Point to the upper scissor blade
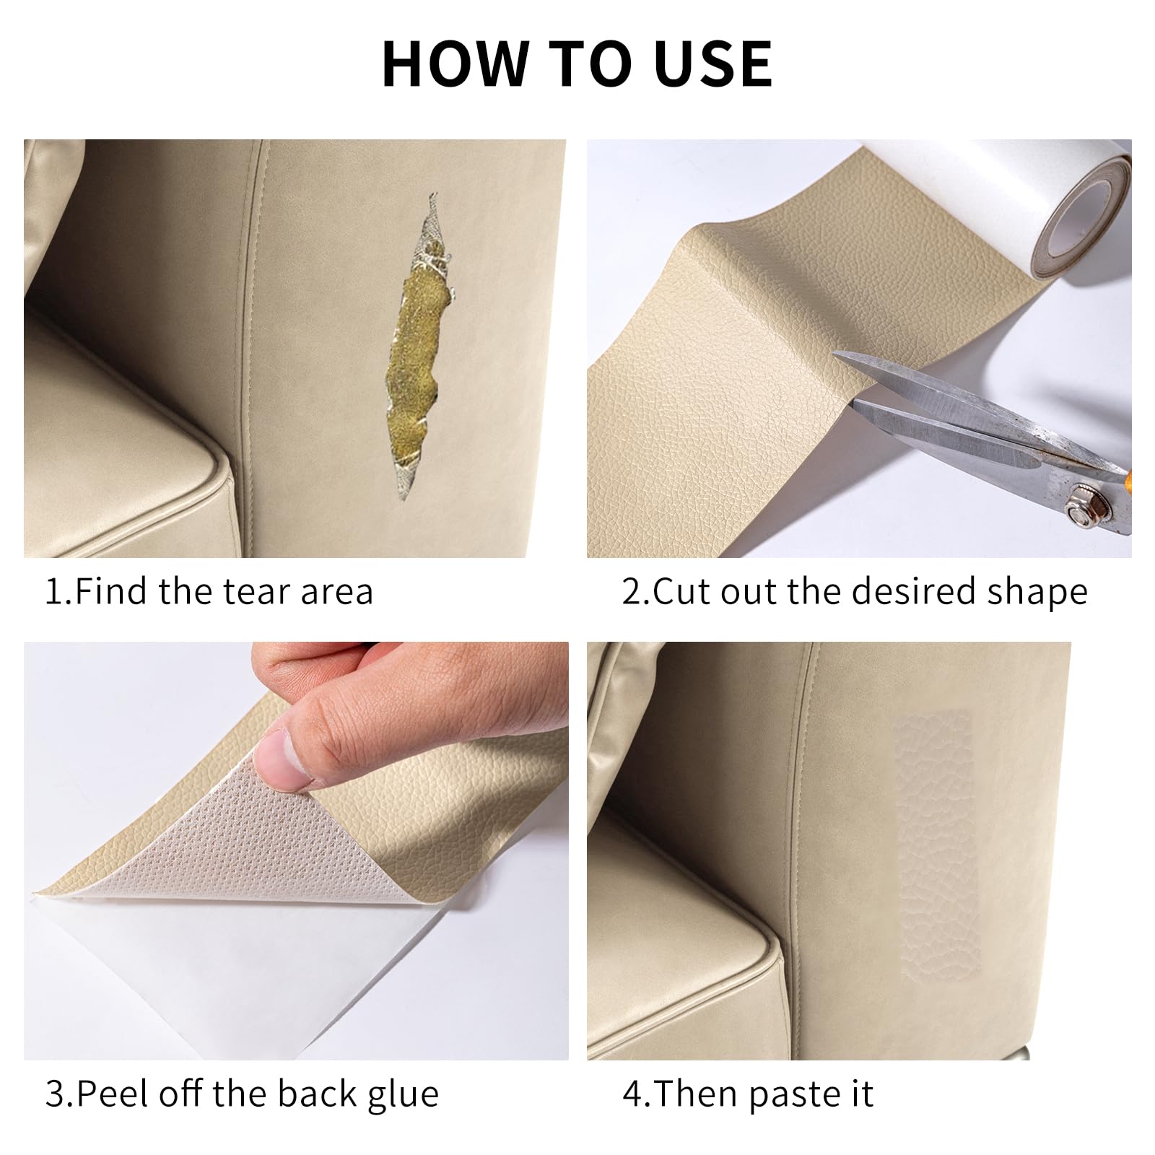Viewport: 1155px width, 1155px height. (x=960, y=390)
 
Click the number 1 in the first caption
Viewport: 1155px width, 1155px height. (x=54, y=592)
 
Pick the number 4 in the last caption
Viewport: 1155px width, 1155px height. (x=632, y=1094)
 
